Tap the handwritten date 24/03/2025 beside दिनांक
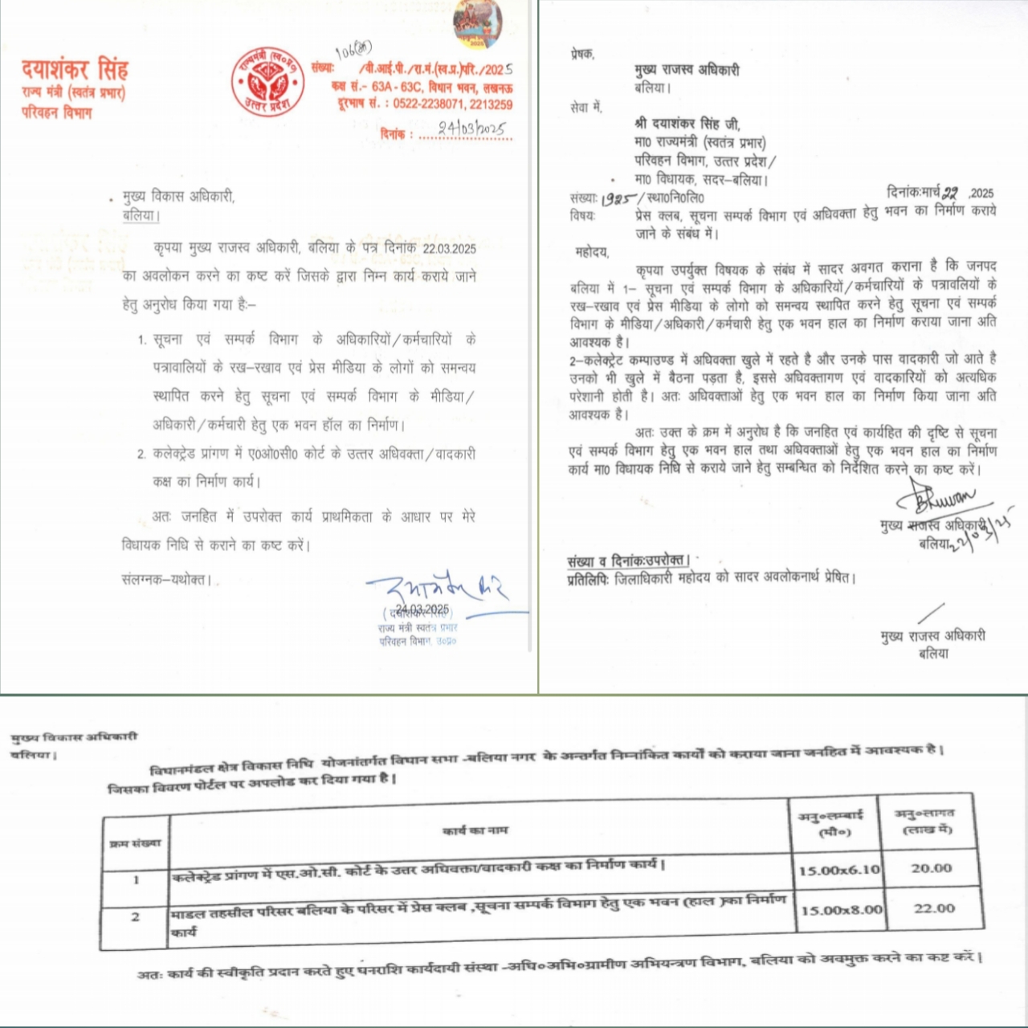tap(471, 128)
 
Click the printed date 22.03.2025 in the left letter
tap(449, 248)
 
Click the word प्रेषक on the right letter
tap(581, 54)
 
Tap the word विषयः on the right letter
tap(582, 215)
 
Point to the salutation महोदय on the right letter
tap(592, 252)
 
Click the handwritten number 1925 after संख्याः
tap(618, 198)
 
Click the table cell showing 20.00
tap(931, 868)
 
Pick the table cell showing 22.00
tap(934, 908)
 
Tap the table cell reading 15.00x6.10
tap(839, 870)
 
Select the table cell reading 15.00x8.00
tap(841, 910)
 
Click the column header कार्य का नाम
tap(475, 830)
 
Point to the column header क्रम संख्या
tap(135, 842)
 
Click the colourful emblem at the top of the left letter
tap(478, 24)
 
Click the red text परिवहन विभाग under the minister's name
tap(56, 112)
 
